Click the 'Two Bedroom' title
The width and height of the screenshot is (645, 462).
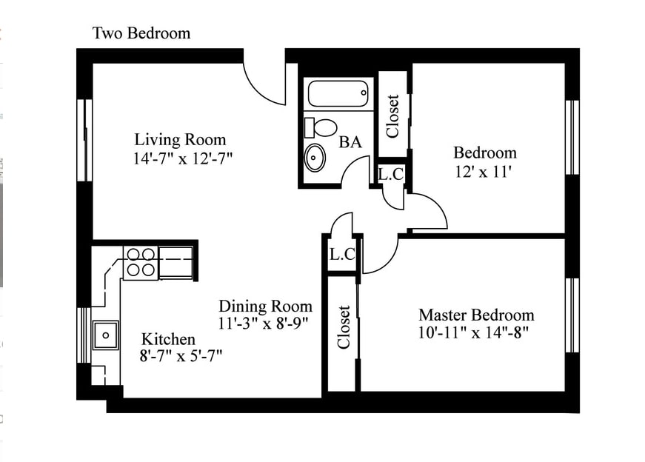click(141, 33)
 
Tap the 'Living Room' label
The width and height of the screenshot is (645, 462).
click(180, 139)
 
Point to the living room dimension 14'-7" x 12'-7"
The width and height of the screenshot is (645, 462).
click(183, 158)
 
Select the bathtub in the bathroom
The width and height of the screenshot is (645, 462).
click(338, 93)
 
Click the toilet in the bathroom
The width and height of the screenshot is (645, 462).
click(321, 127)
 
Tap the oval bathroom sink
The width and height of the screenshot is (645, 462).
click(315, 157)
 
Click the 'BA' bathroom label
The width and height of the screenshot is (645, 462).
click(350, 142)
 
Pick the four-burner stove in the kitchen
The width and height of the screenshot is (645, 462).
click(141, 263)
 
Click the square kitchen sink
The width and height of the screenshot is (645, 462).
click(106, 335)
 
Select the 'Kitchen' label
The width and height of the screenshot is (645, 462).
click(168, 339)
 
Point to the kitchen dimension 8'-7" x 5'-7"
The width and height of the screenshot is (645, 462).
click(181, 355)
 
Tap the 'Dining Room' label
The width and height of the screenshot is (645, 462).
click(265, 306)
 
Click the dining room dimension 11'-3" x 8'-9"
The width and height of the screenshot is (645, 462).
click(264, 324)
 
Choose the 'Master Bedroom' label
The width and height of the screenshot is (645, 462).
click(476, 315)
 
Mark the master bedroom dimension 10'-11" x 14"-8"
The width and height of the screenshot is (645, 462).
click(473, 332)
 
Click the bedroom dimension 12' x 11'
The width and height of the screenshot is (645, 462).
click(483, 171)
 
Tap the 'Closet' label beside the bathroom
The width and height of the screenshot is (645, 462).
click(392, 116)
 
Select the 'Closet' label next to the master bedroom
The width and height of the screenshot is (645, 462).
click(344, 327)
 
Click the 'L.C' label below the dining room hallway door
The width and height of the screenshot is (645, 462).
click(342, 255)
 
